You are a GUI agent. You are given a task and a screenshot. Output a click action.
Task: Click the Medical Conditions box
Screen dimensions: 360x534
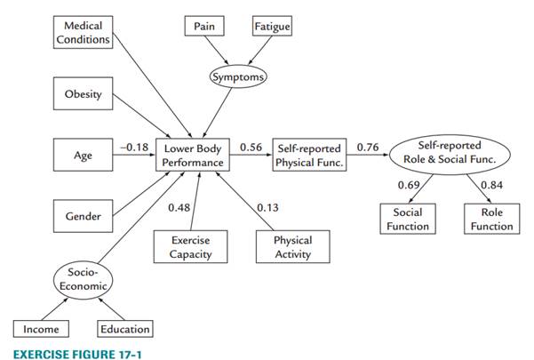(82, 32)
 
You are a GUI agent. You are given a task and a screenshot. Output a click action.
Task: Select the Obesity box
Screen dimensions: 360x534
(83, 94)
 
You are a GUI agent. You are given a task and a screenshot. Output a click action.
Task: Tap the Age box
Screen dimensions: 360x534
(83, 156)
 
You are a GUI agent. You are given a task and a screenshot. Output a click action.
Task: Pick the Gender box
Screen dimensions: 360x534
(83, 216)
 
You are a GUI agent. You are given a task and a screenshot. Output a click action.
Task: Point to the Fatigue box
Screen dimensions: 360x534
(271, 27)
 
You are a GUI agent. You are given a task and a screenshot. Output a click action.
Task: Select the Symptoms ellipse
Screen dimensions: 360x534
(237, 77)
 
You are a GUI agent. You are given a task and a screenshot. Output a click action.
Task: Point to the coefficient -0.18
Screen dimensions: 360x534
(132, 147)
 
